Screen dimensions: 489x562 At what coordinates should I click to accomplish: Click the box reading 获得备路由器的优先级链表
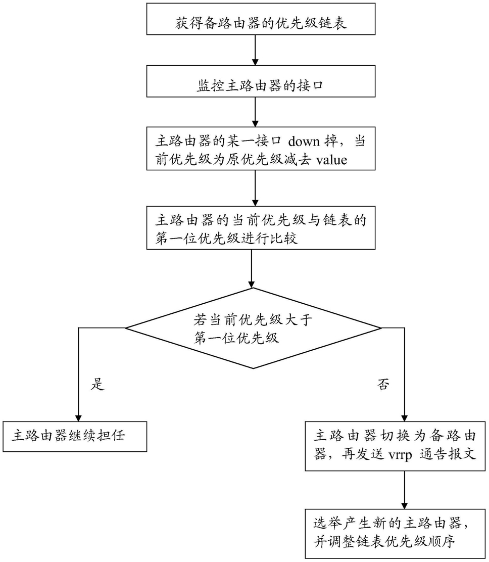point(261,19)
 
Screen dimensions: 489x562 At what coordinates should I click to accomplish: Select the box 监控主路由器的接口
point(261,81)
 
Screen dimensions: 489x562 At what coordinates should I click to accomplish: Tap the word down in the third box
point(304,141)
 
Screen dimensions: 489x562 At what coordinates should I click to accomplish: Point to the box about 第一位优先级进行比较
point(261,227)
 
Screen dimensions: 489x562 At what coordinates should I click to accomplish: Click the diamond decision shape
point(253,328)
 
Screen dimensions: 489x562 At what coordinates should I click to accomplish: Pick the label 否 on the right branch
point(383,384)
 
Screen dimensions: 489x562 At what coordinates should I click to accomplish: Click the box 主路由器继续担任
point(74,437)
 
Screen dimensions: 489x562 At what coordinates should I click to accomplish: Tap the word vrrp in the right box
point(400,454)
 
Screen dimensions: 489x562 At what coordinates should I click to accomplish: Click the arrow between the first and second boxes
point(255,50)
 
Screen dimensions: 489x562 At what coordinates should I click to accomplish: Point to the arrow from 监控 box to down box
point(255,112)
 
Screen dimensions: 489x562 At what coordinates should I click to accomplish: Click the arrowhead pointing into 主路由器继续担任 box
point(78,417)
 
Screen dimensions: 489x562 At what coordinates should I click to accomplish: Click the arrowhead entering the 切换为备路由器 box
point(405,417)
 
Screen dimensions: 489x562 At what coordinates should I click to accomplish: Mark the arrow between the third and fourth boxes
point(255,188)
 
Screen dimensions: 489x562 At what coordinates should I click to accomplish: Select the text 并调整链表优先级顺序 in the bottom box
point(384,541)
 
